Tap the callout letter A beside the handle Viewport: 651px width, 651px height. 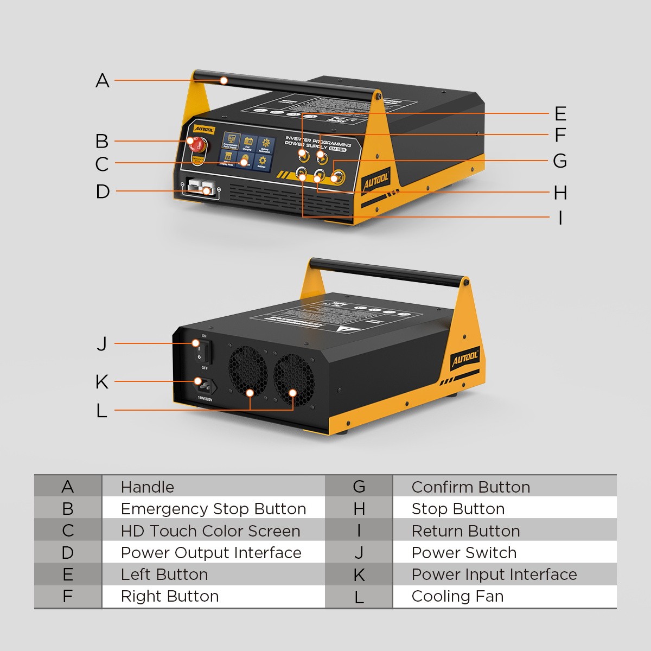(x=103, y=81)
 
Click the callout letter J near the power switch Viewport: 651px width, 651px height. (x=102, y=343)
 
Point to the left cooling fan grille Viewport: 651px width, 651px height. (x=247, y=370)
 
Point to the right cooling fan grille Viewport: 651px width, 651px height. (x=293, y=378)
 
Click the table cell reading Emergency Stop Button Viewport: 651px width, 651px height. (x=213, y=509)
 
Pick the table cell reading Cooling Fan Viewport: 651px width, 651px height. (x=457, y=596)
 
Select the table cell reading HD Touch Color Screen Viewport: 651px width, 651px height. (x=210, y=531)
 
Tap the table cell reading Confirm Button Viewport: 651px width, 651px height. (x=470, y=487)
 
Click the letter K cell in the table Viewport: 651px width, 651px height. (x=359, y=575)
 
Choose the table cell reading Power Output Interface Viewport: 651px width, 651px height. (x=211, y=553)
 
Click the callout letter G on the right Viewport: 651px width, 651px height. (x=560, y=161)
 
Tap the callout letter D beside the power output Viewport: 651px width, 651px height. (x=103, y=192)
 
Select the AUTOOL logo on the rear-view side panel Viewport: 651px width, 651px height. (x=465, y=358)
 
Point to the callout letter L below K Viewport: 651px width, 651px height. (x=101, y=411)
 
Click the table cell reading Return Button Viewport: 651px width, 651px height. (x=465, y=531)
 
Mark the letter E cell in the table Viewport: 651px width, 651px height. (x=67, y=575)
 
